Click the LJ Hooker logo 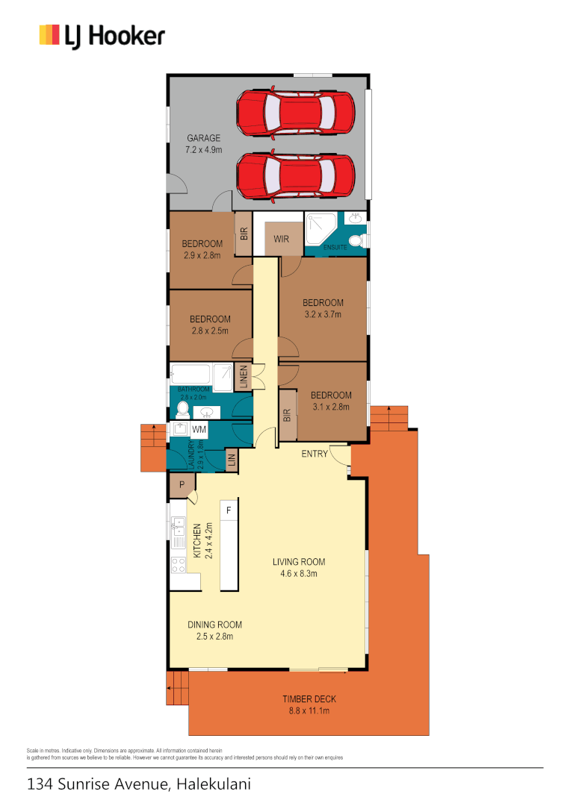(102, 35)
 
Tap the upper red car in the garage (295, 113)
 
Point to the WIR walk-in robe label (282, 240)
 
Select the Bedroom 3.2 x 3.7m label (323, 308)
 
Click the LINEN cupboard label (243, 377)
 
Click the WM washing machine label (199, 430)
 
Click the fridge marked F (229, 511)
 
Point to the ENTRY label (315, 454)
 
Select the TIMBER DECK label (309, 705)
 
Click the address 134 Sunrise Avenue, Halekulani (139, 784)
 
